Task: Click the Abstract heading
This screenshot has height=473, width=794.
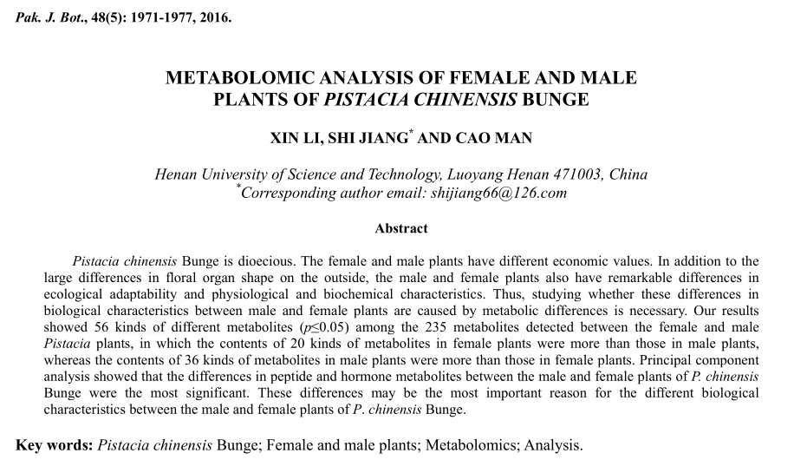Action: (x=401, y=228)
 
